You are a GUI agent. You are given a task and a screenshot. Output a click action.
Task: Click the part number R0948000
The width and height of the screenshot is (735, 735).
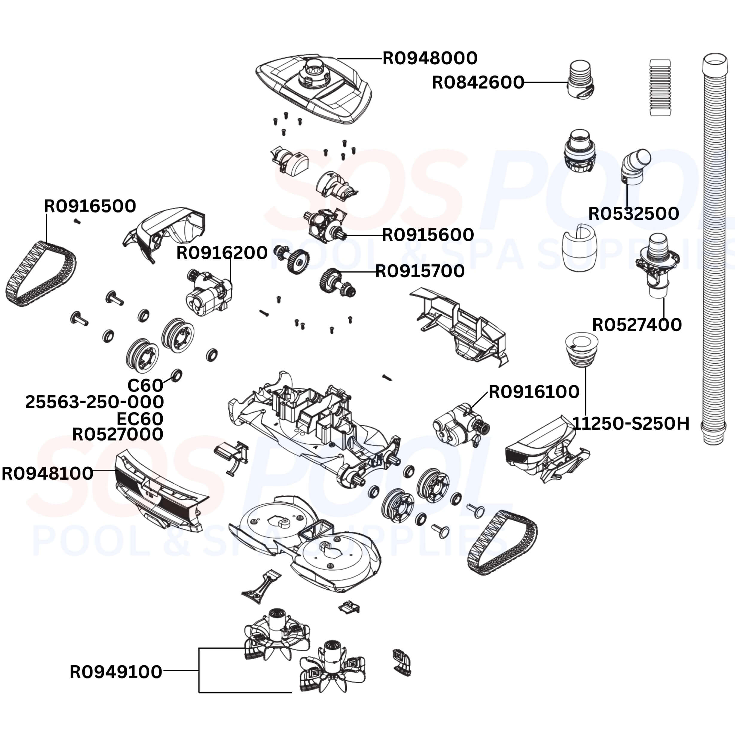click(x=429, y=59)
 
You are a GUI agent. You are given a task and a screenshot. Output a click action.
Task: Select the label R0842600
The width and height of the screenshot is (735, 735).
click(x=478, y=83)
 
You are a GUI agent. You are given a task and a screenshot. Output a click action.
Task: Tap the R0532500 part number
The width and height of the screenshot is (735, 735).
click(x=633, y=214)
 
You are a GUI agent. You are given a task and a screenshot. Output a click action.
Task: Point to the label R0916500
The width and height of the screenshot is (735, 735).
click(x=90, y=206)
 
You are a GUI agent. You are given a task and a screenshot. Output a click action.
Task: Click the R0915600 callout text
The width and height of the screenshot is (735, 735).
click(x=428, y=235)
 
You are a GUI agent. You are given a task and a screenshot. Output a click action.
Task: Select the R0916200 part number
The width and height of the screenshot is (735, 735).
click(x=222, y=253)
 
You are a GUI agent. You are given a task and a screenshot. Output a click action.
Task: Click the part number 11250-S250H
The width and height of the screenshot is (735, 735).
click(x=630, y=423)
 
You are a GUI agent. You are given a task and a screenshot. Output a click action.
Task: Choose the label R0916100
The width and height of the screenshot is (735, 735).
click(x=534, y=392)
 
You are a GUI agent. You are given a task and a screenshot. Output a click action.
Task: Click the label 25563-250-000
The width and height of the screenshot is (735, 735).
click(x=94, y=402)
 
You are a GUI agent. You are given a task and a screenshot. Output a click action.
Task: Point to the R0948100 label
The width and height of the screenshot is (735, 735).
click(x=47, y=474)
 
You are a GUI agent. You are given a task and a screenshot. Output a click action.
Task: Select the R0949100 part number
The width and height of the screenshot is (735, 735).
click(x=116, y=672)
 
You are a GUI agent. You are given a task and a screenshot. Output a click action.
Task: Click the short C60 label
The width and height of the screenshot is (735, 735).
click(x=145, y=385)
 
